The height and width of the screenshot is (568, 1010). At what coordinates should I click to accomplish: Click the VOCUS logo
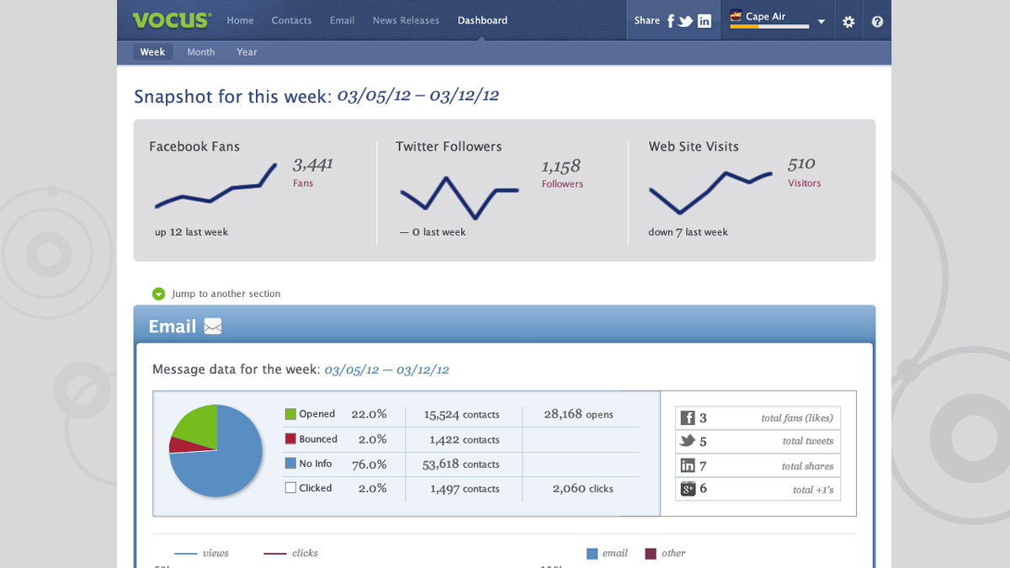click(172, 20)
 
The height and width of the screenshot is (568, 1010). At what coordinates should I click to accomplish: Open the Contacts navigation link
click(291, 20)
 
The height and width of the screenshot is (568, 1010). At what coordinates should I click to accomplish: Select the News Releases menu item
click(406, 20)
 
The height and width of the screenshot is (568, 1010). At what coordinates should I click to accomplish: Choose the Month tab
click(201, 52)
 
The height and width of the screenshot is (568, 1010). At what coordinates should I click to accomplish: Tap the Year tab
click(247, 52)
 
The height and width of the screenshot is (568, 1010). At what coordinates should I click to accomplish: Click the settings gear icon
click(848, 22)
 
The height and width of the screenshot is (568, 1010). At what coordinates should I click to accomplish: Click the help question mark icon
click(877, 22)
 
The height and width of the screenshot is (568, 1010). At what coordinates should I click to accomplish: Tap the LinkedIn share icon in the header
click(704, 21)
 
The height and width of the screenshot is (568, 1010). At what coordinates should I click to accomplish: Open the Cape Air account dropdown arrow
click(821, 23)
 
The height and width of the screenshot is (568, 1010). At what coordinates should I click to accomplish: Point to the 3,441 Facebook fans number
click(313, 164)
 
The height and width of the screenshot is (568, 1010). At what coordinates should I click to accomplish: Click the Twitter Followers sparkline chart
click(459, 197)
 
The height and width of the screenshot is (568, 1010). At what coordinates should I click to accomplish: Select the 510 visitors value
click(801, 164)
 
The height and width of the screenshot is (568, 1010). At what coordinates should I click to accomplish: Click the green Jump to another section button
click(158, 294)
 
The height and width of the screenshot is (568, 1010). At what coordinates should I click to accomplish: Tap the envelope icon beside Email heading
click(213, 326)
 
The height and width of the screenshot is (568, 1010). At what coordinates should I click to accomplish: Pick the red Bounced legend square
click(290, 439)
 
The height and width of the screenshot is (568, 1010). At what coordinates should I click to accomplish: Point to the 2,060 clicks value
click(582, 488)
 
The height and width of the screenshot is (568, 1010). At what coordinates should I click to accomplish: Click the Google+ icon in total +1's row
click(688, 489)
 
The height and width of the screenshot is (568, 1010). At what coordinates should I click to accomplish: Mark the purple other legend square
click(651, 554)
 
